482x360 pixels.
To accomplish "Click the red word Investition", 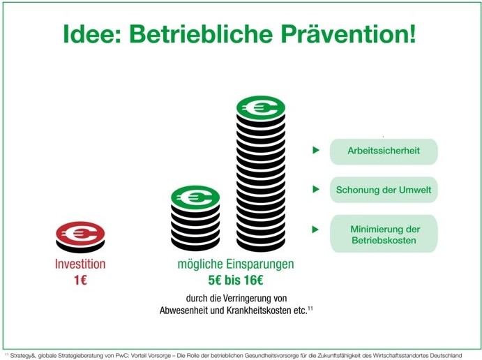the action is point(80,264).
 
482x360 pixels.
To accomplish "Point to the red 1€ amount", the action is point(80,280).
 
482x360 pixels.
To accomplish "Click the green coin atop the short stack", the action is point(195,197).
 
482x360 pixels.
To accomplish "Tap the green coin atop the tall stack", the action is point(261,108).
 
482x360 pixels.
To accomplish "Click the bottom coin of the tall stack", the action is point(261,244).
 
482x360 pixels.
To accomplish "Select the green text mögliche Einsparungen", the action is point(236,264).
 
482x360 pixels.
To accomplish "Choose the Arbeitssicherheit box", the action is point(384,151).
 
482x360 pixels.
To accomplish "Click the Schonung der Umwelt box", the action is point(384,190).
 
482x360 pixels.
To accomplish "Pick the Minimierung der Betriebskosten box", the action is point(384,234).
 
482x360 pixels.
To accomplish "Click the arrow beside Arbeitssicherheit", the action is point(316,150).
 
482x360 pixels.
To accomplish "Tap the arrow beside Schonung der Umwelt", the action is point(316,189).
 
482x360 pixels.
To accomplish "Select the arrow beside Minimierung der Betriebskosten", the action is point(315,230).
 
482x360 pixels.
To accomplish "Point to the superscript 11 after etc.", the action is point(310,308).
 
